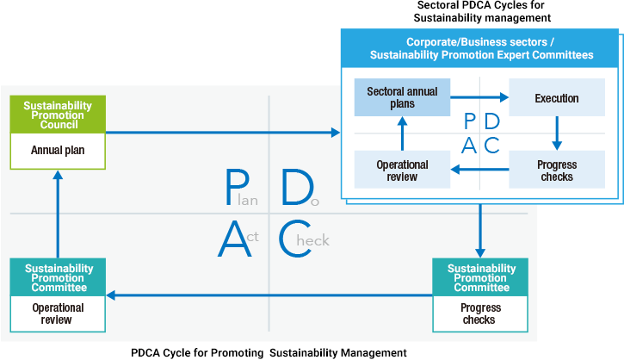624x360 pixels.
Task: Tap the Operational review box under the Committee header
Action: [x=58, y=313]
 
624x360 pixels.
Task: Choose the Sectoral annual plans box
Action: [x=402, y=97]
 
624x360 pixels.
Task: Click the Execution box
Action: [x=556, y=98]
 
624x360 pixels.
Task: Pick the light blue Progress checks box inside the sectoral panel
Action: [x=556, y=170]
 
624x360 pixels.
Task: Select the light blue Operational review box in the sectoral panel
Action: [x=402, y=170]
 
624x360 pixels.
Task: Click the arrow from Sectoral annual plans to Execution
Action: [x=479, y=98]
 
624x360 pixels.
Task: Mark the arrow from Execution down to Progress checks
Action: [x=556, y=133]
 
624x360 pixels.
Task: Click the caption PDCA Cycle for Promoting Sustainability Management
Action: [x=268, y=352]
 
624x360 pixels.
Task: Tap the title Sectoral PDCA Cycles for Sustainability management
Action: [x=482, y=11]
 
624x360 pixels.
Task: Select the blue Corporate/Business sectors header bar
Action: [x=481, y=48]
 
